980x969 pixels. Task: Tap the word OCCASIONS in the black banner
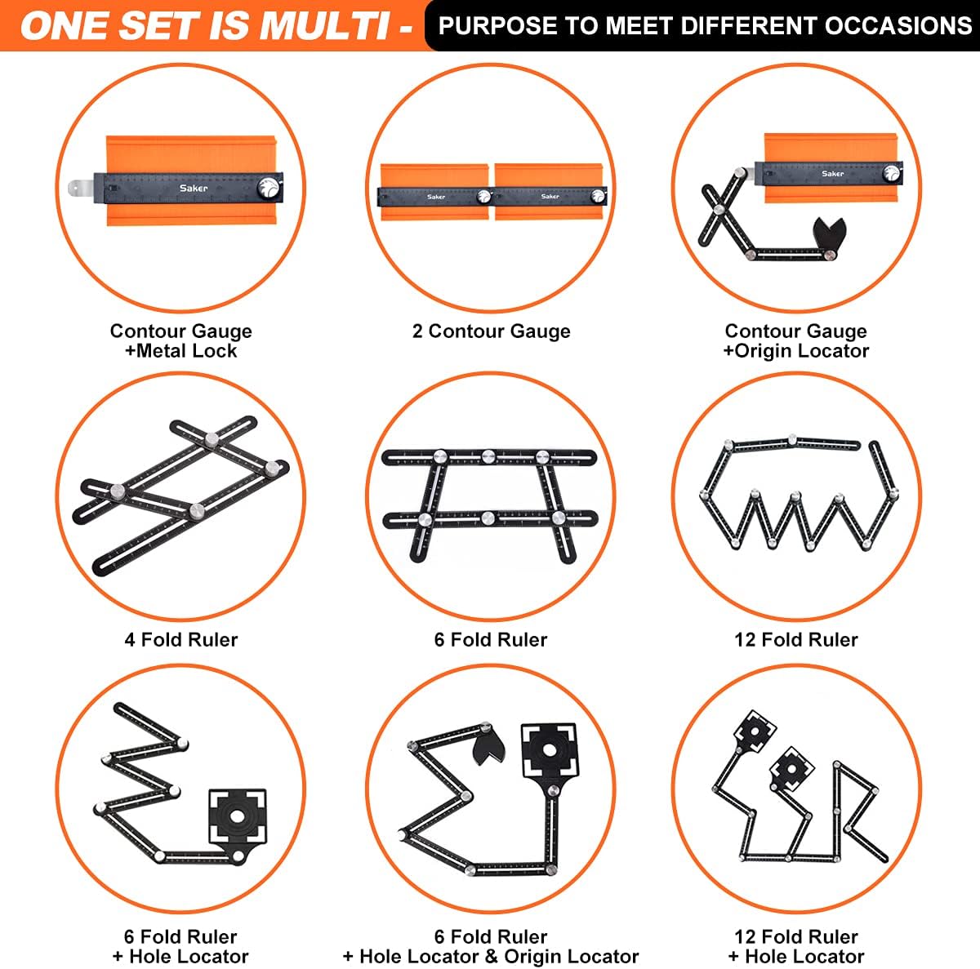[898, 25]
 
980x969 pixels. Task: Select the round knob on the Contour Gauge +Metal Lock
[268, 188]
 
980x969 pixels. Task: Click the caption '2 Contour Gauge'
[491, 331]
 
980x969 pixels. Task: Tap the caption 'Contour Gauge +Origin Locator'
[796, 340]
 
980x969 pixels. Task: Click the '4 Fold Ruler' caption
[181, 639]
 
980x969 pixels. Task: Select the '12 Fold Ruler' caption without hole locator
[796, 639]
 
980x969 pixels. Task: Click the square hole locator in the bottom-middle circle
[550, 750]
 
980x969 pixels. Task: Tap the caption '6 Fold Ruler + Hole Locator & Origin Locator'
[491, 946]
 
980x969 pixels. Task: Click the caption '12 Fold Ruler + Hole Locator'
[796, 946]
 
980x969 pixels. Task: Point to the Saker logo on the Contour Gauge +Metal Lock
[194, 188]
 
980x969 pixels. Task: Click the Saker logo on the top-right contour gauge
[832, 174]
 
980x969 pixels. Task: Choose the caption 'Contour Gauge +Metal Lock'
[181, 340]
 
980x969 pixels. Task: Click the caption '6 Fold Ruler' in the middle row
[491, 639]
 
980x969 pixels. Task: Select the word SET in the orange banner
[158, 25]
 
